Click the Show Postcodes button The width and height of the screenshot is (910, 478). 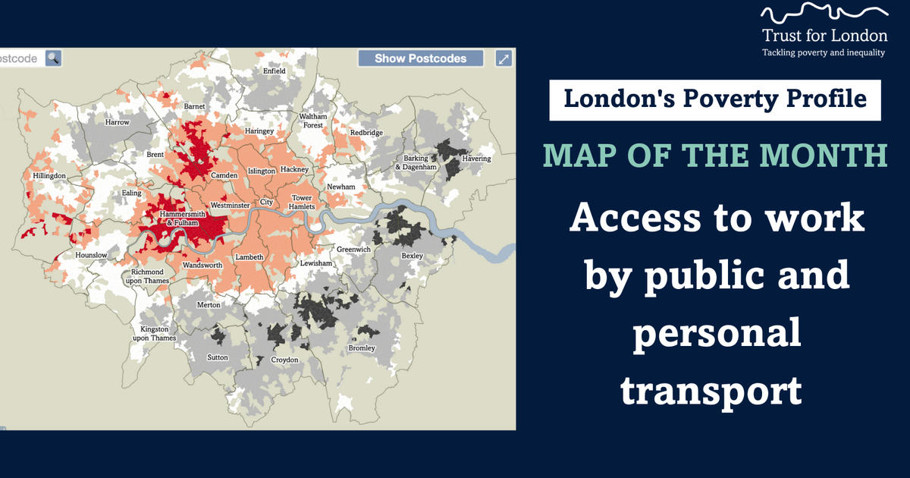click(x=421, y=58)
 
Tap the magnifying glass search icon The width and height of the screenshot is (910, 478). click(x=52, y=58)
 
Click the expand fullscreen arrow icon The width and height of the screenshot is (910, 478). click(x=504, y=58)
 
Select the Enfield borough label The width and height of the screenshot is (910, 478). click(x=274, y=71)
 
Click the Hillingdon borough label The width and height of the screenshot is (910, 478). click(x=49, y=176)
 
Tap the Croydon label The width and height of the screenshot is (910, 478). click(x=285, y=360)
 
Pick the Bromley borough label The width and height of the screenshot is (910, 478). click(x=362, y=348)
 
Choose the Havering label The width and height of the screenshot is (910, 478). click(x=477, y=159)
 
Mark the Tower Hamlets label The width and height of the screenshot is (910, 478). click(x=302, y=203)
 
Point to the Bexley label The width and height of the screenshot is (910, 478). click(x=412, y=256)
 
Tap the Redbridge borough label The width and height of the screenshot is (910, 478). click(x=366, y=133)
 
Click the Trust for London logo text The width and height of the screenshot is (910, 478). click(x=824, y=35)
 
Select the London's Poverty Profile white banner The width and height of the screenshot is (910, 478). click(x=715, y=100)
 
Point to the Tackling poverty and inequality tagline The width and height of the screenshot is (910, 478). click(x=824, y=52)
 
